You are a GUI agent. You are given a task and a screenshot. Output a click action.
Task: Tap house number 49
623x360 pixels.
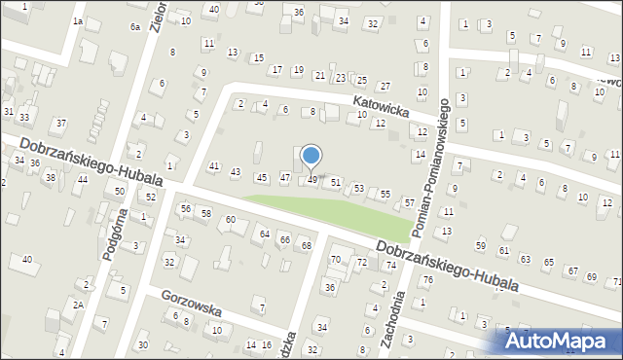click(x=311, y=180)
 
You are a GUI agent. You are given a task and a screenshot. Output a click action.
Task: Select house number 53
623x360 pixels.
click(x=359, y=188)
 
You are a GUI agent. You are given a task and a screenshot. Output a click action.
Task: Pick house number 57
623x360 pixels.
click(x=410, y=202)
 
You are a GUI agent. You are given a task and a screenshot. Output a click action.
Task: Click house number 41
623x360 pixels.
click(x=214, y=167)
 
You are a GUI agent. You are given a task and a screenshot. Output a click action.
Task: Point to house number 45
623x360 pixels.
click(x=260, y=177)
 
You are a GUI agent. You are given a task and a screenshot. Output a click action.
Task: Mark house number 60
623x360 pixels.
click(x=230, y=220)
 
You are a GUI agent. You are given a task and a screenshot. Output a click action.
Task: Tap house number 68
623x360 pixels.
click(x=306, y=245)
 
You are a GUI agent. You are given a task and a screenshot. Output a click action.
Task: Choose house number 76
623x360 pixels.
click(x=427, y=280)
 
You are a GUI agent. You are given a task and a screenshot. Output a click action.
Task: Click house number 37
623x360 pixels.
click(x=61, y=124)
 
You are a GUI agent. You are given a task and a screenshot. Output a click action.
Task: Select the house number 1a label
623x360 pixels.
click(x=78, y=21)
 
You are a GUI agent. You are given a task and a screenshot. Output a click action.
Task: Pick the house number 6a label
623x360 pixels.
click(x=135, y=27)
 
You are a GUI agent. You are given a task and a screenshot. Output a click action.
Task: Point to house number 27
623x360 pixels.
click(x=385, y=87)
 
